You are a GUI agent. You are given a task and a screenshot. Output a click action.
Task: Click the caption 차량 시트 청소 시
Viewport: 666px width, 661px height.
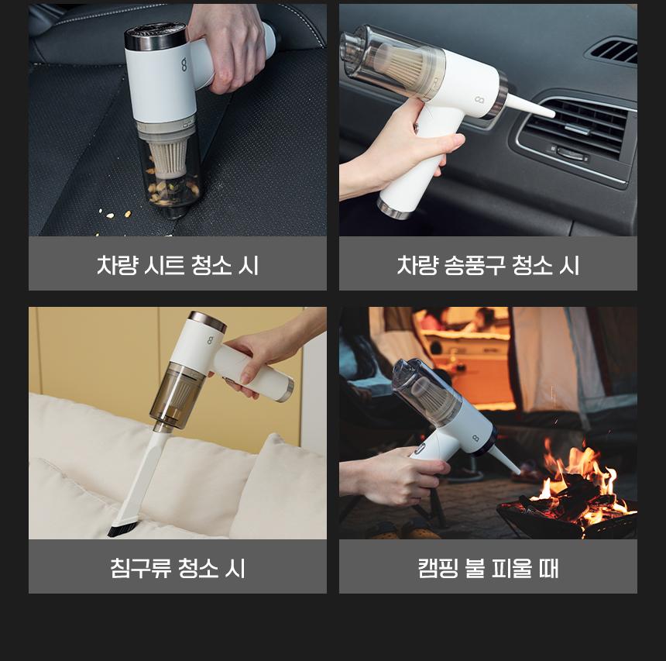coord(177,265)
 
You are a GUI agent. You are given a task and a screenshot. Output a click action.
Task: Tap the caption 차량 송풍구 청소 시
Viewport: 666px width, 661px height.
coord(488,265)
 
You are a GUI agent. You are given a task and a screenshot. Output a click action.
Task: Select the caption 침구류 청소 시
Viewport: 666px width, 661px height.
coord(177,568)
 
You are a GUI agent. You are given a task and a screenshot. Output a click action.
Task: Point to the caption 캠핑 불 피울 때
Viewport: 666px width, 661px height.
coord(488,568)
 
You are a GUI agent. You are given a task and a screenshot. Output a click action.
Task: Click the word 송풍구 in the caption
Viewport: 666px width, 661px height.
coord(475,265)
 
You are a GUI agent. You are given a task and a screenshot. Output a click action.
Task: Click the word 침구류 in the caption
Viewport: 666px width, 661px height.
coord(141,568)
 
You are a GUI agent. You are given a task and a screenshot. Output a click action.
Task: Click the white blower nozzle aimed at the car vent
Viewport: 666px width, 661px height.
coord(531,105)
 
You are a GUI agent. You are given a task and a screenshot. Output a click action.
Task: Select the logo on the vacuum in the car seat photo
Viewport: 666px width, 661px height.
coord(184,64)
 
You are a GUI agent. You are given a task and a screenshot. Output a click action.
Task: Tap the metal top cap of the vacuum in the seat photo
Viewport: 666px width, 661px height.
coord(156,36)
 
